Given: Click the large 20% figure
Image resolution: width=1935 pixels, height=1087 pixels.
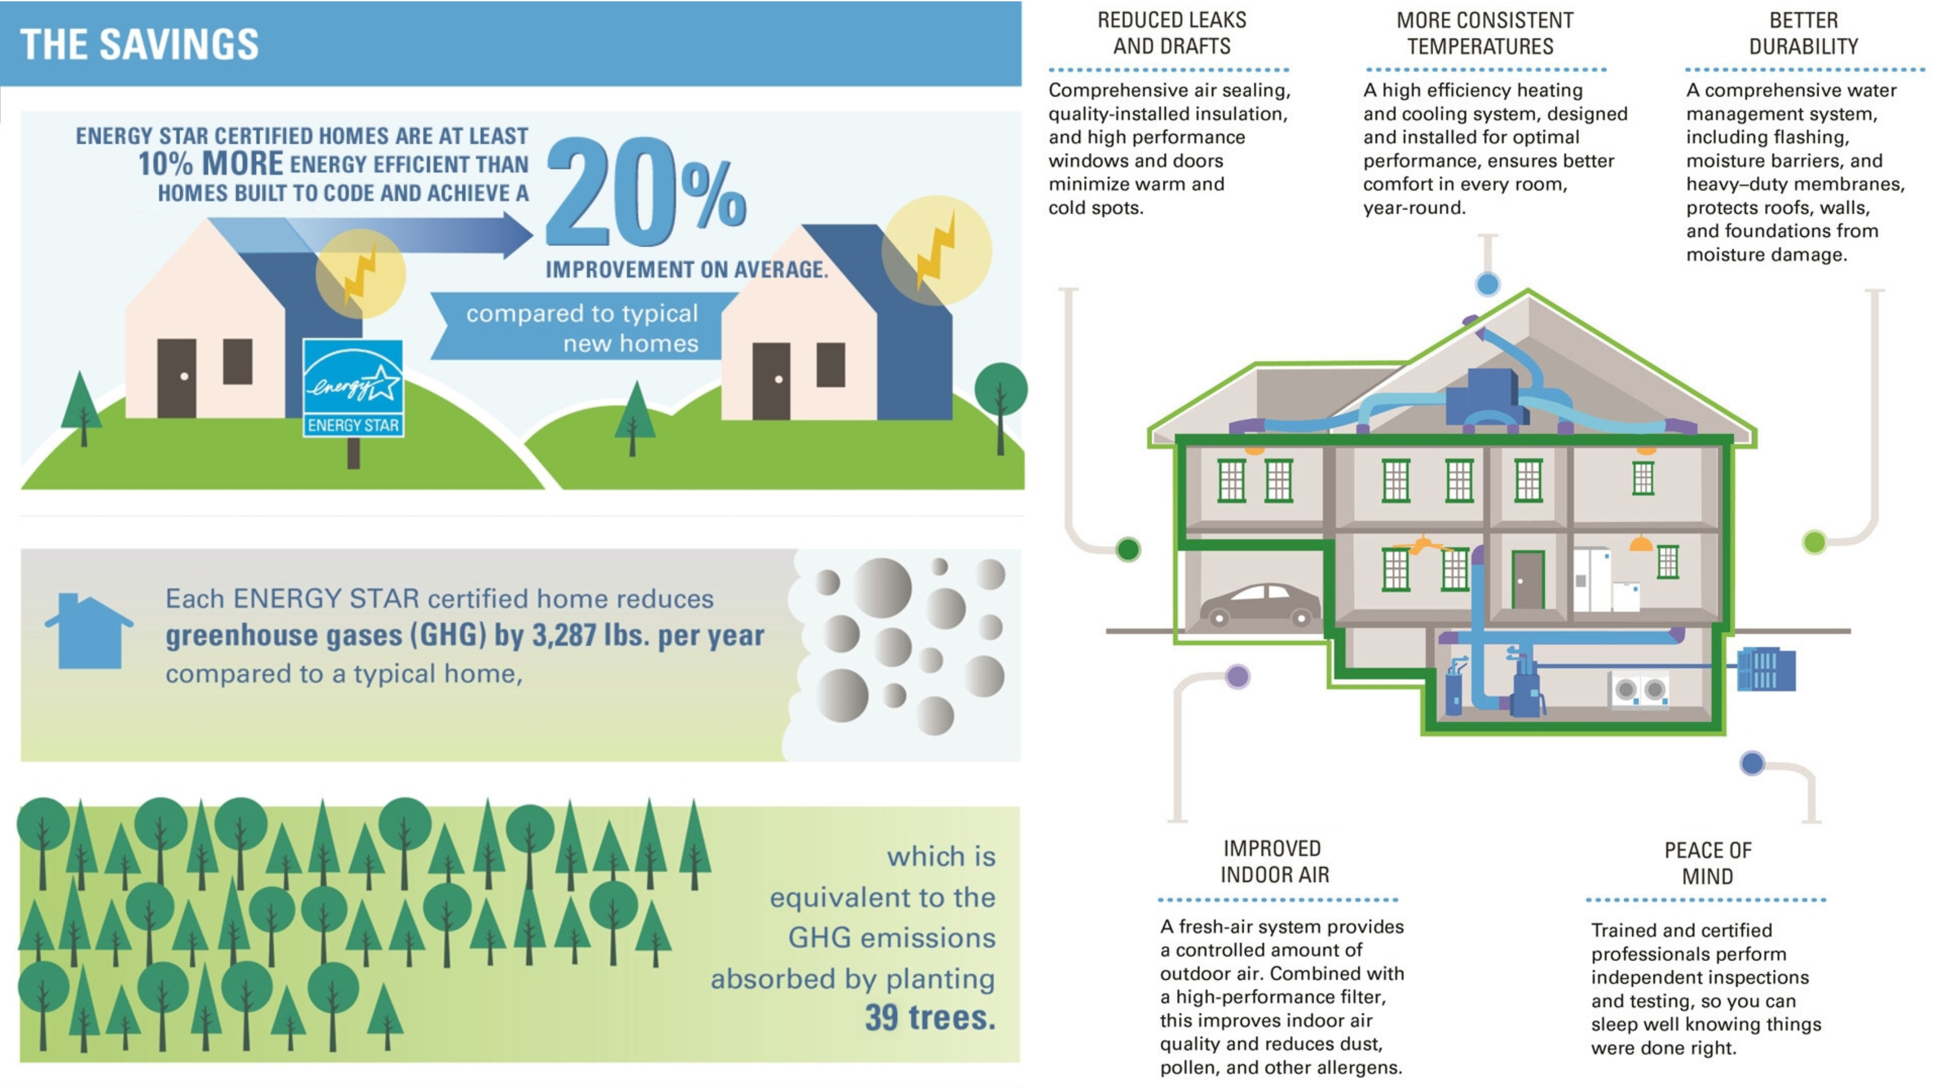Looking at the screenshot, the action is click(646, 192).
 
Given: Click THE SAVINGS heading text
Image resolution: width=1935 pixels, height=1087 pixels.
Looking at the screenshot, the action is click(139, 44).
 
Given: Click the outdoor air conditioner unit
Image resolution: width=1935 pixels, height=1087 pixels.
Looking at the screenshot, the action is click(1766, 669).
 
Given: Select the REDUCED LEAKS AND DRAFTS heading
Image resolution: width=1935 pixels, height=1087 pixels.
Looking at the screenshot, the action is click(1172, 33).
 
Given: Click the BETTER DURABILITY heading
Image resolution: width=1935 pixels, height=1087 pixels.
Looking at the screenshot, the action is click(1804, 33).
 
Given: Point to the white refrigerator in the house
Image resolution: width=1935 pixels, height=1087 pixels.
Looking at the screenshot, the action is click(1592, 580).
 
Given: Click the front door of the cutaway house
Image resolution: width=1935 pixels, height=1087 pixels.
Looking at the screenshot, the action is click(1527, 580).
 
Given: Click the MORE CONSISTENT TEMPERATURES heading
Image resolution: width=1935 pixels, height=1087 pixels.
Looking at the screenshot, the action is click(1485, 33).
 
